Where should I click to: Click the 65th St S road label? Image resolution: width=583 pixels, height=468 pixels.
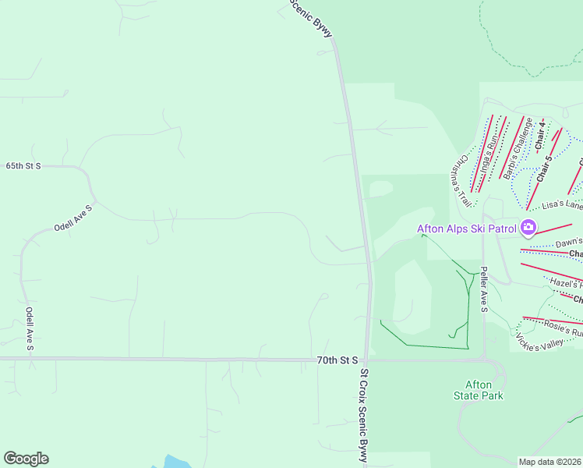pos(23,166)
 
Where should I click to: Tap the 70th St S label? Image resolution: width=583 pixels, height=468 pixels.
pos(337,360)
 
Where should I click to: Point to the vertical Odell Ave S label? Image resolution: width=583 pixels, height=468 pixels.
pos(30,328)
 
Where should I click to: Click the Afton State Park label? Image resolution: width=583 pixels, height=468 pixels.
pos(479,390)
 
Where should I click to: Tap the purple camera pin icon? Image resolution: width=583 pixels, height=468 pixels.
pos(528,228)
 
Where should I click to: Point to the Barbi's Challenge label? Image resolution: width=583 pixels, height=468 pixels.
pos(518,148)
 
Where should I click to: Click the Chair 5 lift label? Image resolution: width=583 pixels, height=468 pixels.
pos(544,168)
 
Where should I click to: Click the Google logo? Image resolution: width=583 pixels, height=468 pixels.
pos(26,459)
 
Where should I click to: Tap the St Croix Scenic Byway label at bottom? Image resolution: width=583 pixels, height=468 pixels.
pos(362,417)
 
